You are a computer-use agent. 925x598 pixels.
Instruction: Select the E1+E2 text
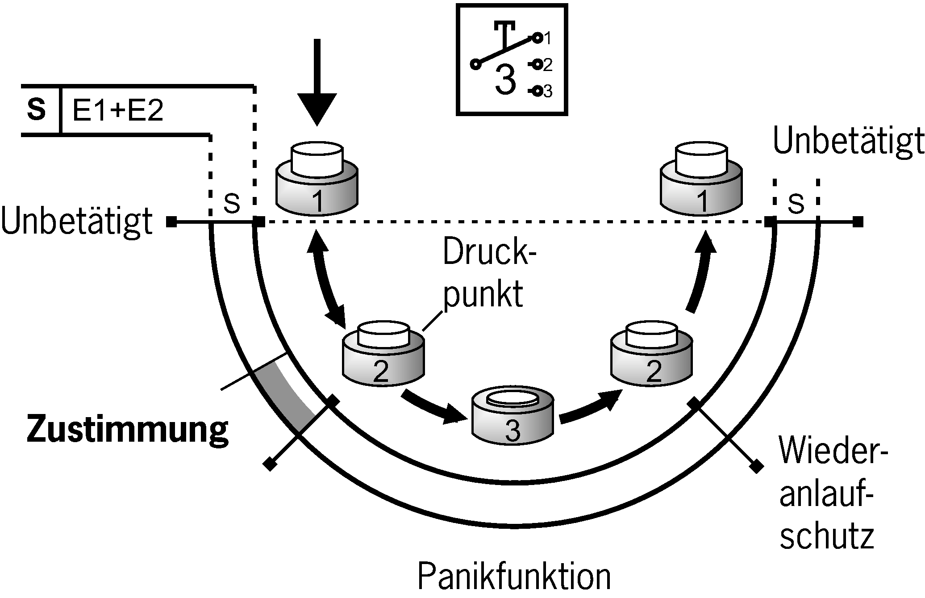(117, 111)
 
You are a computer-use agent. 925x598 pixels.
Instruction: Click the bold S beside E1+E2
(37, 109)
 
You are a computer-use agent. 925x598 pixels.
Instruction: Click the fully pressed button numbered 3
(513, 415)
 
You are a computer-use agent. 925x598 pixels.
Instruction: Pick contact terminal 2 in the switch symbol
(537, 65)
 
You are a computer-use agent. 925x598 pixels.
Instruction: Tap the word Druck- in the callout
(490, 253)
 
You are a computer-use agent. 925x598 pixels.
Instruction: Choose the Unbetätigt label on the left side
(77, 222)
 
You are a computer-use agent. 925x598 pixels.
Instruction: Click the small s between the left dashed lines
(232, 203)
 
